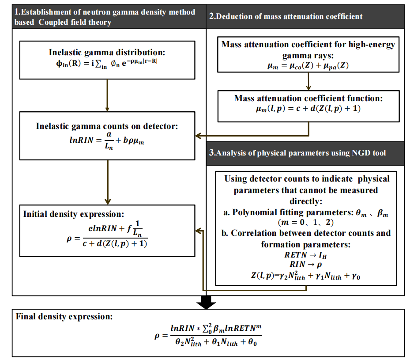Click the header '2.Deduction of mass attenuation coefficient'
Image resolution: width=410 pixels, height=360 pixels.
click(286, 16)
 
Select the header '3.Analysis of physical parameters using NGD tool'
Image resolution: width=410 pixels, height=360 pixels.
click(297, 153)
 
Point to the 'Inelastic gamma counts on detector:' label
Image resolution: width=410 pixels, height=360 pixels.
click(107, 126)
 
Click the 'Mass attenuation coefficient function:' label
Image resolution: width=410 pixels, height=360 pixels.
click(308, 98)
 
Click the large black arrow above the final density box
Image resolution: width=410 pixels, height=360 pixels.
click(206, 302)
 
